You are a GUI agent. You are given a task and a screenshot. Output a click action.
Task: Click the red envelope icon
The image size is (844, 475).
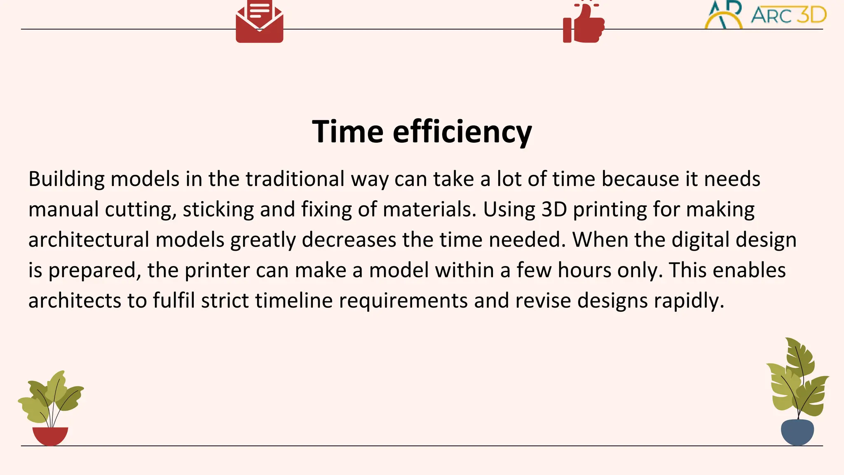pos(259,23)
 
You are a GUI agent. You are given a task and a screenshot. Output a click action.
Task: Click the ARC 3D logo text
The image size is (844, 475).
pos(788,16)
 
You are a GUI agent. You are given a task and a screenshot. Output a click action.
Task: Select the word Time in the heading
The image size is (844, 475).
pos(348,132)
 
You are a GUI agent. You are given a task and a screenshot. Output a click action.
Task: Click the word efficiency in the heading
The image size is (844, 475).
pos(462,132)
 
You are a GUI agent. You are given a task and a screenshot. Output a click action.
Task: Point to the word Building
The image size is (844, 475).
pos(66,179)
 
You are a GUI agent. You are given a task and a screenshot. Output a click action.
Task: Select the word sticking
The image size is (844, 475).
pos(218,209)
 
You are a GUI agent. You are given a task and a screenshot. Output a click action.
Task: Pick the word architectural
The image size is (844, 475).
pos(89,240)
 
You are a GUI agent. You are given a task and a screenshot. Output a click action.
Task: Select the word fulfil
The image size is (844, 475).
pos(173,301)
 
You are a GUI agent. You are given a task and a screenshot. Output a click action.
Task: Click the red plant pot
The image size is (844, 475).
pos(50,436)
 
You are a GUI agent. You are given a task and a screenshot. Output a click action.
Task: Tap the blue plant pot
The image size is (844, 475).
pos(797,432)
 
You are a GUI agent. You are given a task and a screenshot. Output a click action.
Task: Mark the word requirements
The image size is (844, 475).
pos(403,301)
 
